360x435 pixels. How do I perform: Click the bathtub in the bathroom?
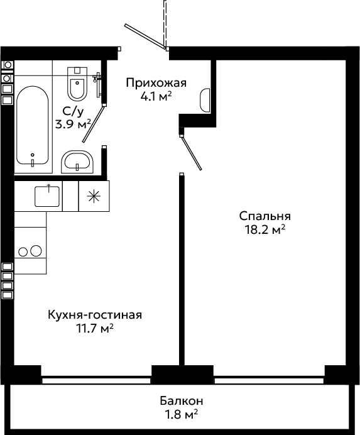[33, 125]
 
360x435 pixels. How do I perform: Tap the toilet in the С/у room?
[77, 84]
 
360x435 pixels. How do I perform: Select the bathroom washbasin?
[77, 162]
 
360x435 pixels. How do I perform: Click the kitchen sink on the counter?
[47, 196]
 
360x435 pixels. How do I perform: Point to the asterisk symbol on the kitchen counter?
[94, 196]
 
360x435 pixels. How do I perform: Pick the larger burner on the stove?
[36, 251]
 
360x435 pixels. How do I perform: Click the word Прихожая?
[156, 83]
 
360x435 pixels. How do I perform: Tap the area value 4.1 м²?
[156, 97]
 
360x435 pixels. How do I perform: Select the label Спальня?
[265, 216]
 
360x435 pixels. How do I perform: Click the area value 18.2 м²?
[265, 229]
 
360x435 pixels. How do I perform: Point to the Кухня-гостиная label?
[95, 315]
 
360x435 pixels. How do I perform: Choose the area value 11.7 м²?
[95, 329]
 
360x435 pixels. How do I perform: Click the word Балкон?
[182, 401]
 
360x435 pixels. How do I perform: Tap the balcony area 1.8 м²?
[182, 415]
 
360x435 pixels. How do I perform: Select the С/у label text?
[73, 111]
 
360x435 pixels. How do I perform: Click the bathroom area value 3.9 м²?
[74, 124]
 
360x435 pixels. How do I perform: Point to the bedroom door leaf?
[191, 153]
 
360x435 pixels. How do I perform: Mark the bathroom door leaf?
[94, 124]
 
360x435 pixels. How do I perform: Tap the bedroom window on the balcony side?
[269, 380]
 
